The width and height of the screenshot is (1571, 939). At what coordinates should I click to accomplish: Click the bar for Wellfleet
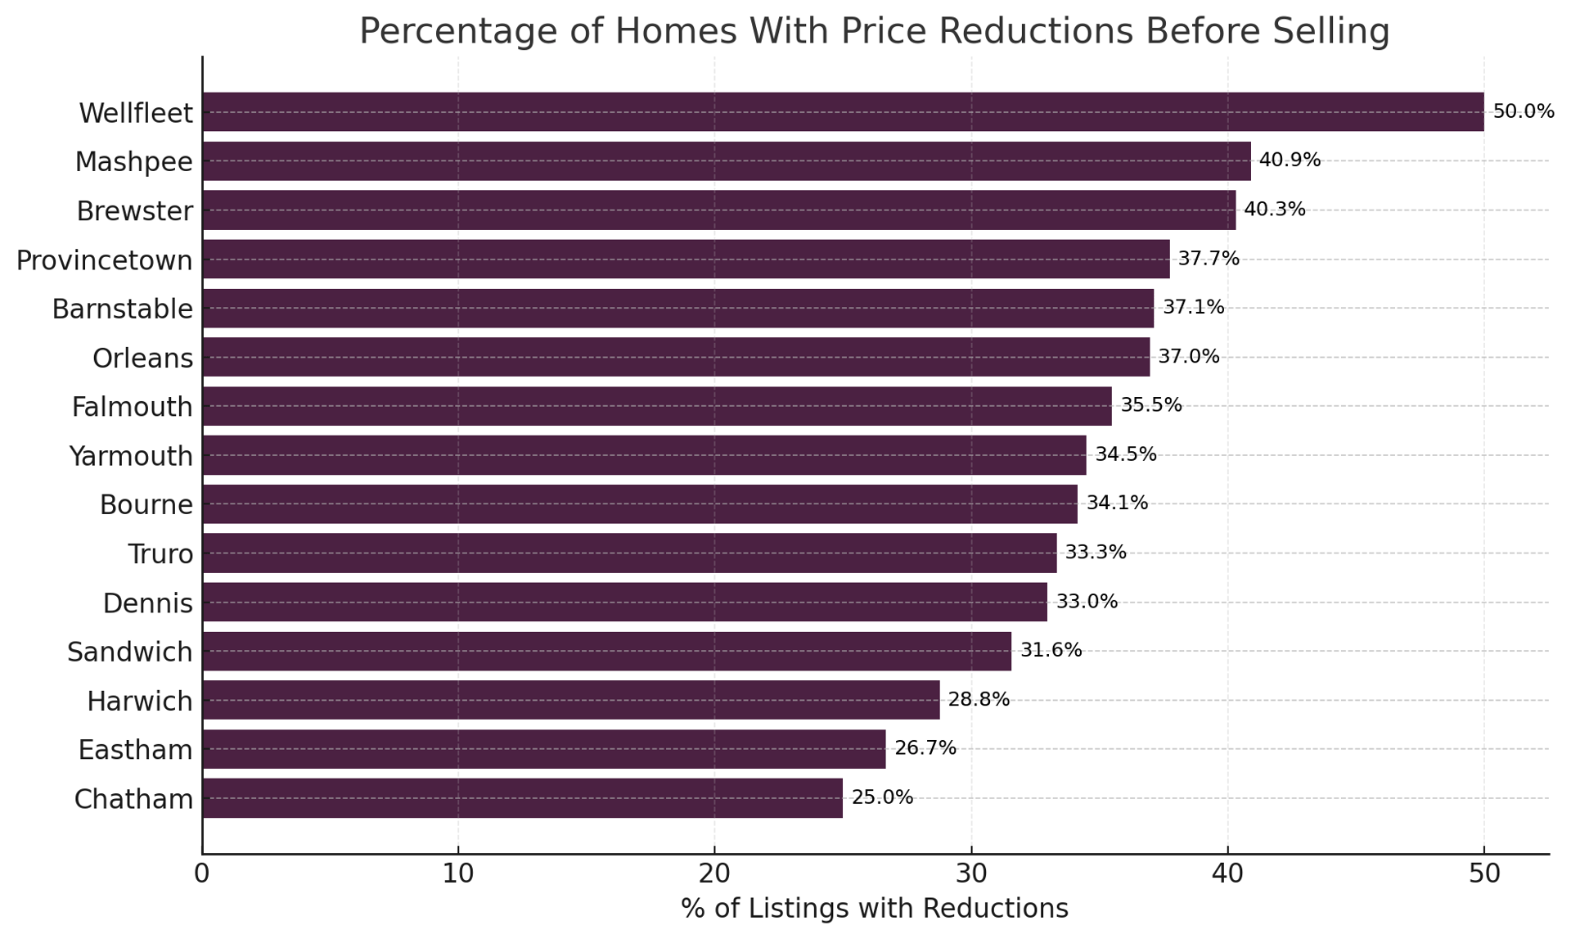843,111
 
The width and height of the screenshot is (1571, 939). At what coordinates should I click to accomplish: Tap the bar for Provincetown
686,259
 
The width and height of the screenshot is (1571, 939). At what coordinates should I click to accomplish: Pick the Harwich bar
570,700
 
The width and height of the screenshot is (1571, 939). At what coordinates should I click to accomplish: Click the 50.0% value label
1523,111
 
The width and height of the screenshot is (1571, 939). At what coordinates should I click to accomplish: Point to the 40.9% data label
1290,160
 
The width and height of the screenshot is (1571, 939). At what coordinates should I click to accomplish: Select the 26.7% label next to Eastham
925,748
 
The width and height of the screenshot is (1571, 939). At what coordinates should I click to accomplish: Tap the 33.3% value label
1095,553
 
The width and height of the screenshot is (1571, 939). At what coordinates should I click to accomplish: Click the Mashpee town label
133,161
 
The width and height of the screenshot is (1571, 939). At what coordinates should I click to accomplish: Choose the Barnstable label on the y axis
122,309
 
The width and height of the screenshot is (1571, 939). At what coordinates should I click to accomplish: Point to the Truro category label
160,554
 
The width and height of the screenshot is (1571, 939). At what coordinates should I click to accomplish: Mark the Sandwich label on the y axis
129,652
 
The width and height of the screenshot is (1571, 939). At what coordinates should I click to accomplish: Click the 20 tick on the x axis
714,874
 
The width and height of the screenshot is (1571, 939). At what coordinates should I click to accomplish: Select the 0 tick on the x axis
202,874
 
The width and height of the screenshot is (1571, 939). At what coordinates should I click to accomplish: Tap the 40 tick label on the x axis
1227,874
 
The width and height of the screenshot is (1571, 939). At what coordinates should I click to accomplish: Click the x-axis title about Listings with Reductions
874,909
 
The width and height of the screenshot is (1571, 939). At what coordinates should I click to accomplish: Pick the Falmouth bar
656,406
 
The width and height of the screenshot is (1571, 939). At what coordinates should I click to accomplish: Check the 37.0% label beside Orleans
1188,357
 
